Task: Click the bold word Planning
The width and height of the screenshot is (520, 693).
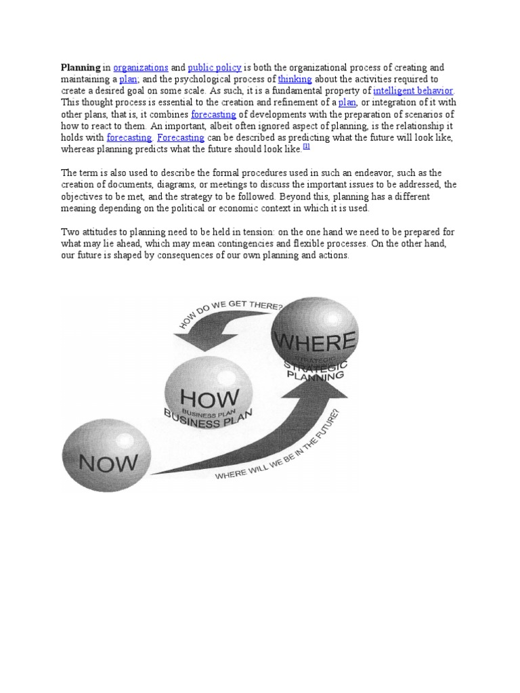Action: (81, 68)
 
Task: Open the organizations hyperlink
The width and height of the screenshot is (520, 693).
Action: (141, 68)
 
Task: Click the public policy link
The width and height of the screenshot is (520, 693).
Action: (213, 68)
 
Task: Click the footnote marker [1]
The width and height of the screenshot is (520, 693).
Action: (305, 145)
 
